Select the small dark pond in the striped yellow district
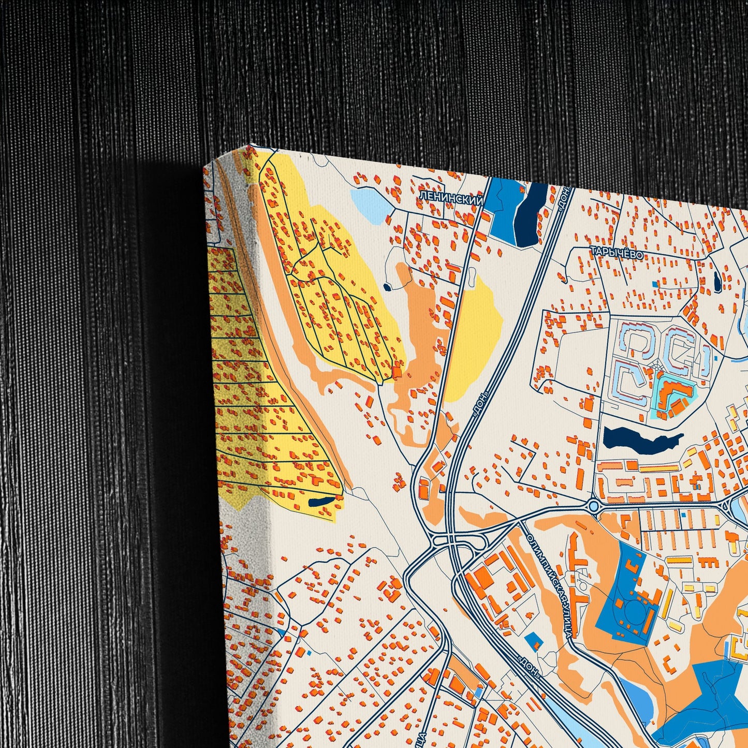[321, 501]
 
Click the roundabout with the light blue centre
[594, 506]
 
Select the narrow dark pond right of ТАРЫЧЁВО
[717, 282]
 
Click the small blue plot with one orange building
[534, 641]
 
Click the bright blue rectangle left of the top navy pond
[500, 207]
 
